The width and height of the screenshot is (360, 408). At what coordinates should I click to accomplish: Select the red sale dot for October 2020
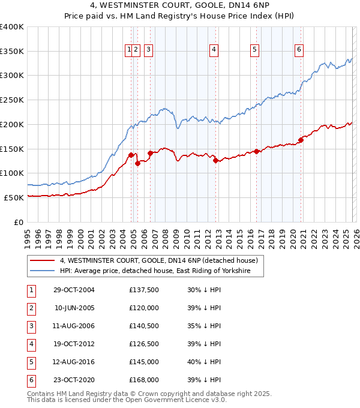pyautogui.click(x=301, y=140)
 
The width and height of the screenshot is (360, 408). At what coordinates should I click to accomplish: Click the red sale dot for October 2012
pyautogui.click(x=215, y=160)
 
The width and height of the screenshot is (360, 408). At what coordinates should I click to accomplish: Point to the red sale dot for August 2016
pyautogui.click(x=256, y=151)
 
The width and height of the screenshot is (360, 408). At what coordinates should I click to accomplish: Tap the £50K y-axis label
pyautogui.click(x=14, y=197)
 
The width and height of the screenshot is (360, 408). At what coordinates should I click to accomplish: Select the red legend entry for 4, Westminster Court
pyautogui.click(x=158, y=260)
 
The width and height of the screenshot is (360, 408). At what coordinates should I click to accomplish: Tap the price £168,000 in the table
pyautogui.click(x=144, y=380)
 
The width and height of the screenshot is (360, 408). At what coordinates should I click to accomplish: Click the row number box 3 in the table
pyautogui.click(x=31, y=326)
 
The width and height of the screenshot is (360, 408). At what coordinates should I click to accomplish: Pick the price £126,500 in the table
pyautogui.click(x=144, y=344)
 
